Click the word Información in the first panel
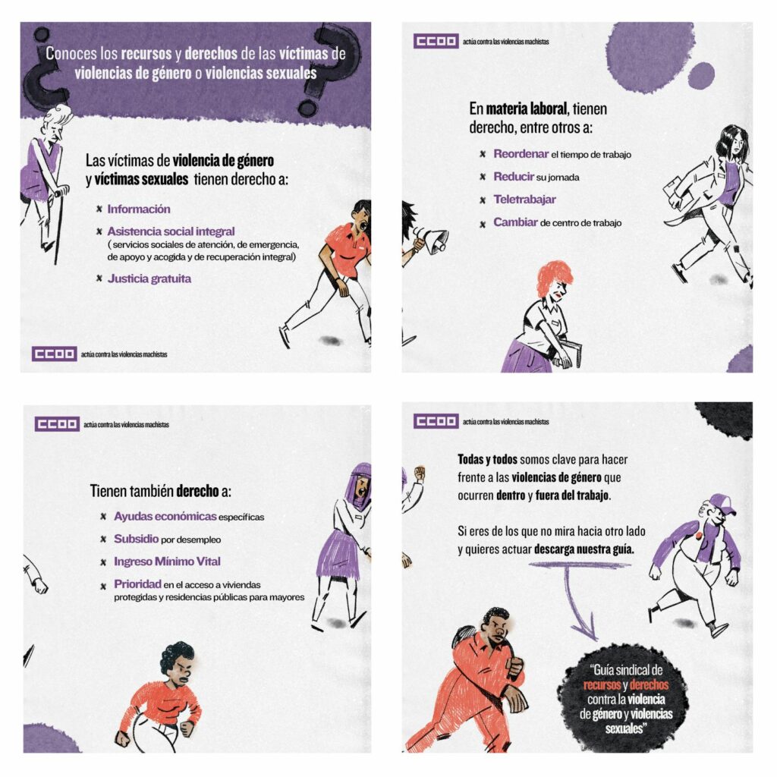[139, 209]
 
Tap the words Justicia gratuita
[149, 278]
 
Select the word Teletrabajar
[524, 200]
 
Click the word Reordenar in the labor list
[521, 154]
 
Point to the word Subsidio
[137, 539]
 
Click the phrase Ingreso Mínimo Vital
[167, 562]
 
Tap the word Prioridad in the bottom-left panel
[137, 584]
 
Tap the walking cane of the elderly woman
[59, 225]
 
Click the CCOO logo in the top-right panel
[436, 41]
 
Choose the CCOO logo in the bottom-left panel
[56, 424]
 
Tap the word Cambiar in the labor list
[515, 222]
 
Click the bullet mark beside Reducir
[483, 177]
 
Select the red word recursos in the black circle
[602, 685]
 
